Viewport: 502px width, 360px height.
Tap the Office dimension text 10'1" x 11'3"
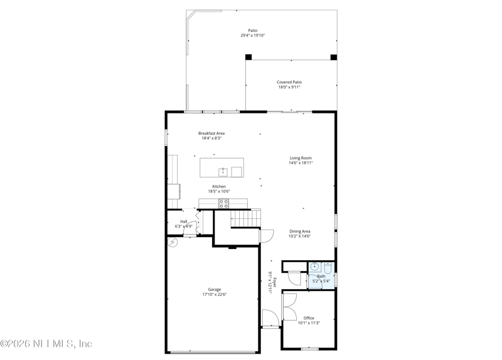pyautogui.click(x=309, y=323)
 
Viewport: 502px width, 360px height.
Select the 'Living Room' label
pyautogui.click(x=301, y=158)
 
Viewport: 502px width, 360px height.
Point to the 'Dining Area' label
pyautogui.click(x=299, y=231)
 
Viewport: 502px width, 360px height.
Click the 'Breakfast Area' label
pyautogui.click(x=211, y=133)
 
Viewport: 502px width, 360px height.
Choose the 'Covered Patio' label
pyautogui.click(x=289, y=82)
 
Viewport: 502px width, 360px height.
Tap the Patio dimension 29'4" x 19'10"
pyautogui.click(x=253, y=36)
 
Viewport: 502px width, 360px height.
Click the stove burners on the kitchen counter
pyautogui.click(x=223, y=203)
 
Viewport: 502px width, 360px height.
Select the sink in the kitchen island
pyautogui.click(x=223, y=171)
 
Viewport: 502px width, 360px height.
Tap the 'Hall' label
pyautogui.click(x=184, y=221)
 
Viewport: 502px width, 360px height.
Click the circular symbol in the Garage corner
pyautogui.click(x=173, y=241)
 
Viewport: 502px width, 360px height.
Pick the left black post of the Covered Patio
pyautogui.click(x=248, y=57)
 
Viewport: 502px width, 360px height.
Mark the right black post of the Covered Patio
pyautogui.click(x=334, y=57)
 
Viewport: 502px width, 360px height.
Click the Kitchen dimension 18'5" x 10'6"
pyautogui.click(x=218, y=191)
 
